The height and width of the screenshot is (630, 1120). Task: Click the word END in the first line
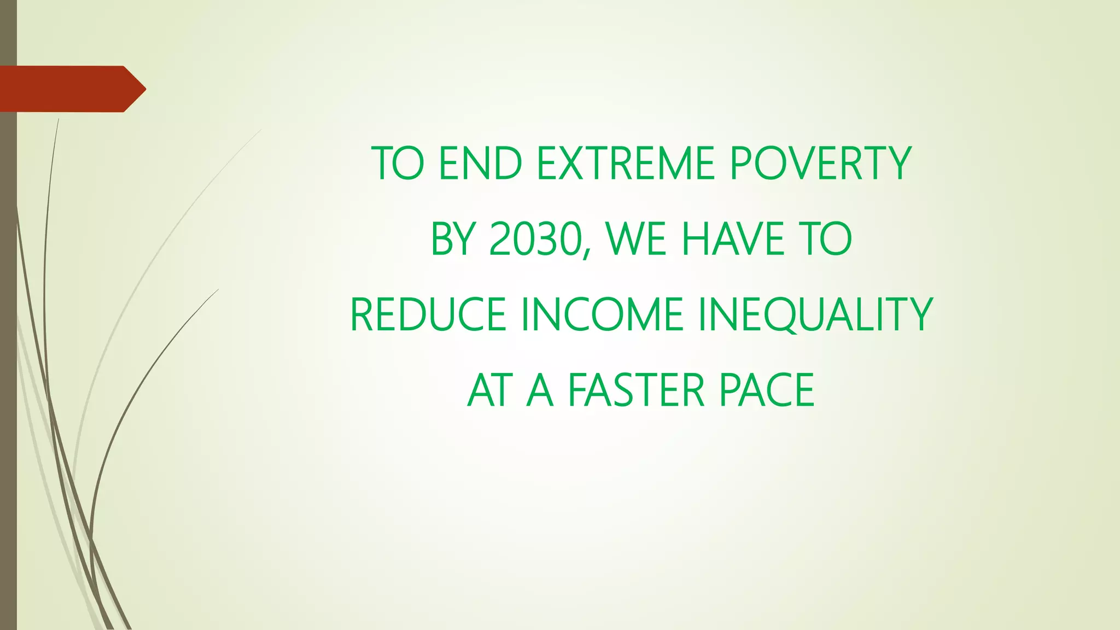[x=480, y=163]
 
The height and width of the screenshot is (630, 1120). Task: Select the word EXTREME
[x=626, y=163]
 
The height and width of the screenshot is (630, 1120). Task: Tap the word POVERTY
[x=820, y=163]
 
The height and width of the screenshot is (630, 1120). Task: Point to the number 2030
[x=534, y=239]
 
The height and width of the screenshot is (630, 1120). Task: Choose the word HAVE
[x=733, y=239]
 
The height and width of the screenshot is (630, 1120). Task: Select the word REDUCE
[x=428, y=314]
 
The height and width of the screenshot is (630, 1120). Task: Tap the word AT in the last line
[x=490, y=390]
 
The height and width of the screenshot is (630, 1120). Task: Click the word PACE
[x=767, y=390]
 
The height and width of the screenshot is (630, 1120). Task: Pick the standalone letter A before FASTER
[x=539, y=390]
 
